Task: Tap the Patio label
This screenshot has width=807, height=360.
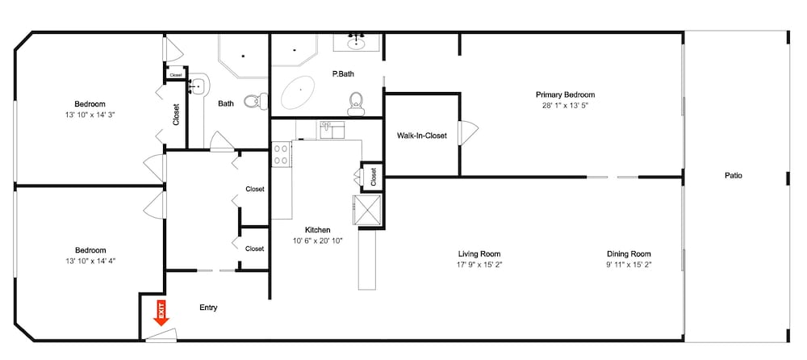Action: pos(733,175)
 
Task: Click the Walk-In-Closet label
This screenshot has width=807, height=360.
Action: pos(421,136)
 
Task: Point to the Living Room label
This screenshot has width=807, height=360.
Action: pos(479,253)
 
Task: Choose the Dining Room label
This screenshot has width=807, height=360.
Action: pos(629,253)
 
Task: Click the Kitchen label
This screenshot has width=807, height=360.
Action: pos(317,230)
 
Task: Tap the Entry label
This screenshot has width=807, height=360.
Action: pos(208,308)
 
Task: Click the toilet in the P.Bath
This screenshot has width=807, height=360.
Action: pos(356,102)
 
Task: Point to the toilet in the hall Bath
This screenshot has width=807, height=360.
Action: pos(253,101)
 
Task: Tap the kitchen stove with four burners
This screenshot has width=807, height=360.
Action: pos(282,154)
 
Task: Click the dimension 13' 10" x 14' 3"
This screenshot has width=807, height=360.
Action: pos(90,115)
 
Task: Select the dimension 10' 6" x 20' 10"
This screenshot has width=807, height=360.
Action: pos(317,241)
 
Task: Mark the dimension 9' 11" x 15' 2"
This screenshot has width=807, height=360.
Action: pos(629,264)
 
